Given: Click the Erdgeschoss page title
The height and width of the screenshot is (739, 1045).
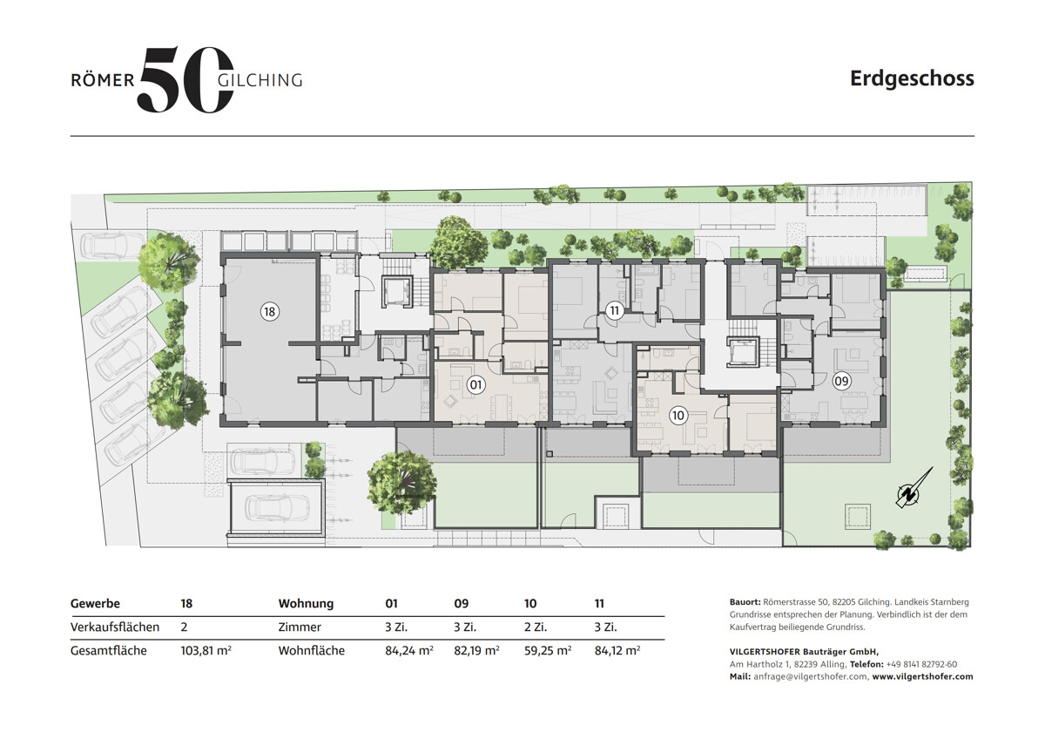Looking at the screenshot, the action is tap(912, 79).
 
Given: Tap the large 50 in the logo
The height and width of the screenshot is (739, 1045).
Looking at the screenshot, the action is tap(185, 79).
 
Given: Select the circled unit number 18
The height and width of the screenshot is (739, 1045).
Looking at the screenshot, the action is tap(270, 312).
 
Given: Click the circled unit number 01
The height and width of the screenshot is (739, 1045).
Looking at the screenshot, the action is tap(475, 384).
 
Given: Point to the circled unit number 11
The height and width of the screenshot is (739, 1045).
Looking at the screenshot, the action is tap(615, 310).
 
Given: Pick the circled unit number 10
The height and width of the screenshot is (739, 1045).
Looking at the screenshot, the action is tap(678, 415).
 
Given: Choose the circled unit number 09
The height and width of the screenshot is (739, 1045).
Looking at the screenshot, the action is tap(841, 382).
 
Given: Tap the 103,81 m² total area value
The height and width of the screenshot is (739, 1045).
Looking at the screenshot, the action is tap(206, 650).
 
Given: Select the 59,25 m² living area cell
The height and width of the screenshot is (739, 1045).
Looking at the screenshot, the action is tap(548, 650).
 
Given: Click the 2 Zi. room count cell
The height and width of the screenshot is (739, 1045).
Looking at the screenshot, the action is tap(536, 627).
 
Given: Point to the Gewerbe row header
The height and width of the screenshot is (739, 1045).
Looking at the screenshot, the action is tap(95, 604).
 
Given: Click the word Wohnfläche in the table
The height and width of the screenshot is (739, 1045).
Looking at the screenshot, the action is tap(311, 650).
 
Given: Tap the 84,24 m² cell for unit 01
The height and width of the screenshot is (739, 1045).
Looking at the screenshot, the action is tap(409, 650).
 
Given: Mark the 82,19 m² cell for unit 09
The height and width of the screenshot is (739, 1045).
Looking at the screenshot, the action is tap(477, 650).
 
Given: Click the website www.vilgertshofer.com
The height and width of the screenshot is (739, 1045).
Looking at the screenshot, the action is tap(923, 676).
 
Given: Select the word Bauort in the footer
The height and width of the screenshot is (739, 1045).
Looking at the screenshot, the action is tap(745, 602).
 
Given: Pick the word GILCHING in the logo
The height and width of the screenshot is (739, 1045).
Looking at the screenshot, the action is tap(260, 80).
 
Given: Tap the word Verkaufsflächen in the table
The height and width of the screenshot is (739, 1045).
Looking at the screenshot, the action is tap(115, 627).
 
